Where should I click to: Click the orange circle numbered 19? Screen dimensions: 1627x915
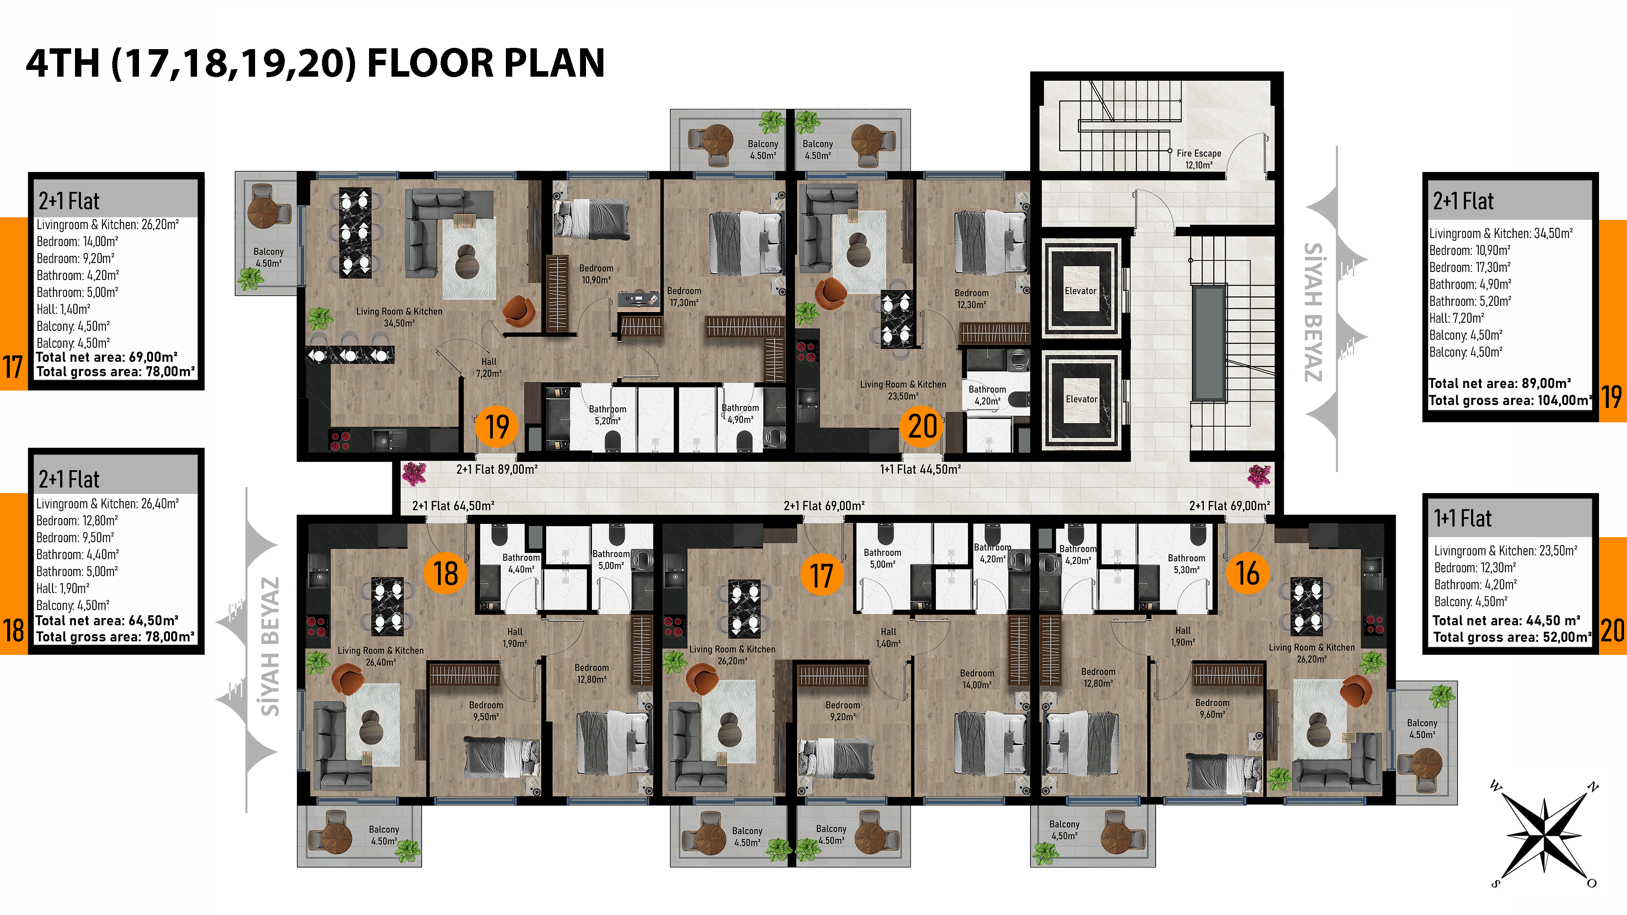coord(497,426)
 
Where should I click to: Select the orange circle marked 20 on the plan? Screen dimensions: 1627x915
coord(922,426)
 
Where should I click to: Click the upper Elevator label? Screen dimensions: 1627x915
coord(1081,291)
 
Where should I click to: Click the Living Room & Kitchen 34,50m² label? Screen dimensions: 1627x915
coord(399,317)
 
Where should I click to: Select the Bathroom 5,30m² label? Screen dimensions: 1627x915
coord(1186,564)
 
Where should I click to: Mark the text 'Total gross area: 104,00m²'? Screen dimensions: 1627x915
coord(1510,400)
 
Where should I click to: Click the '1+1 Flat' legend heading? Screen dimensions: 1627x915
coord(1462,518)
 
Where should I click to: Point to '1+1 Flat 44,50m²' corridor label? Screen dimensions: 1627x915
coord(920,469)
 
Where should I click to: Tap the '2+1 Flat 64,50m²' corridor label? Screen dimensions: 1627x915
coord(453,506)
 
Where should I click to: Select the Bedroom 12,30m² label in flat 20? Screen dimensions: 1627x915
coord(972,299)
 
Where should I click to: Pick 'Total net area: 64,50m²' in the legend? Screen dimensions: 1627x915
coord(107,621)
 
